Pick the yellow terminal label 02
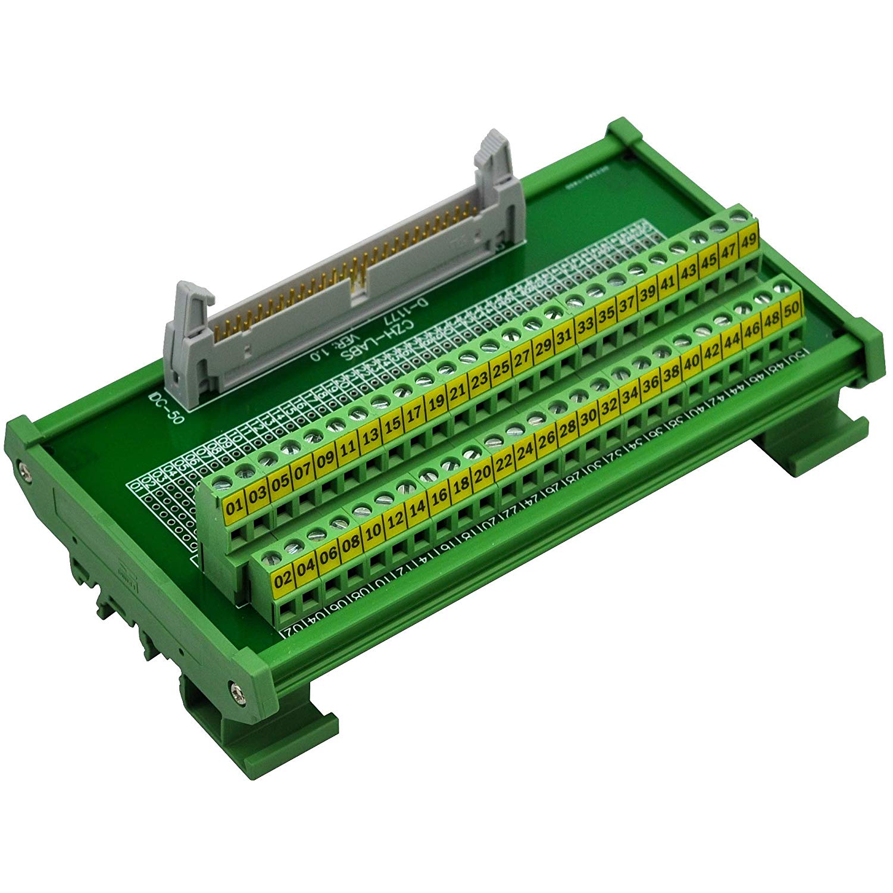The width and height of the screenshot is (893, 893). (x=284, y=579)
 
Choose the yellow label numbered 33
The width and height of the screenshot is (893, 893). (x=586, y=326)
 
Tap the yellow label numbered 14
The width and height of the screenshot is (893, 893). (x=418, y=508)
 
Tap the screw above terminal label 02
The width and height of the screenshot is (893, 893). (x=274, y=556)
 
